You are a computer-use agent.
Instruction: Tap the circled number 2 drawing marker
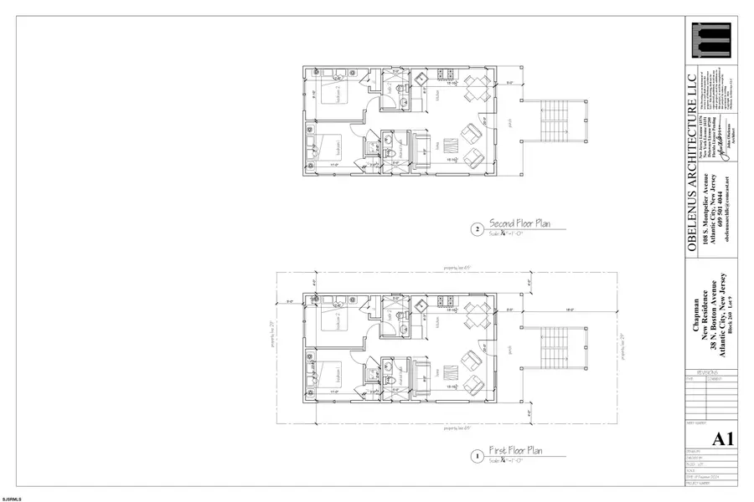click(x=477, y=228)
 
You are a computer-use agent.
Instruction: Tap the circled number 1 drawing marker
click(x=477, y=457)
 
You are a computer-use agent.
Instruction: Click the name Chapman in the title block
click(x=694, y=322)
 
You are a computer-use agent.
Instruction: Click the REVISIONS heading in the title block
click(x=698, y=371)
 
